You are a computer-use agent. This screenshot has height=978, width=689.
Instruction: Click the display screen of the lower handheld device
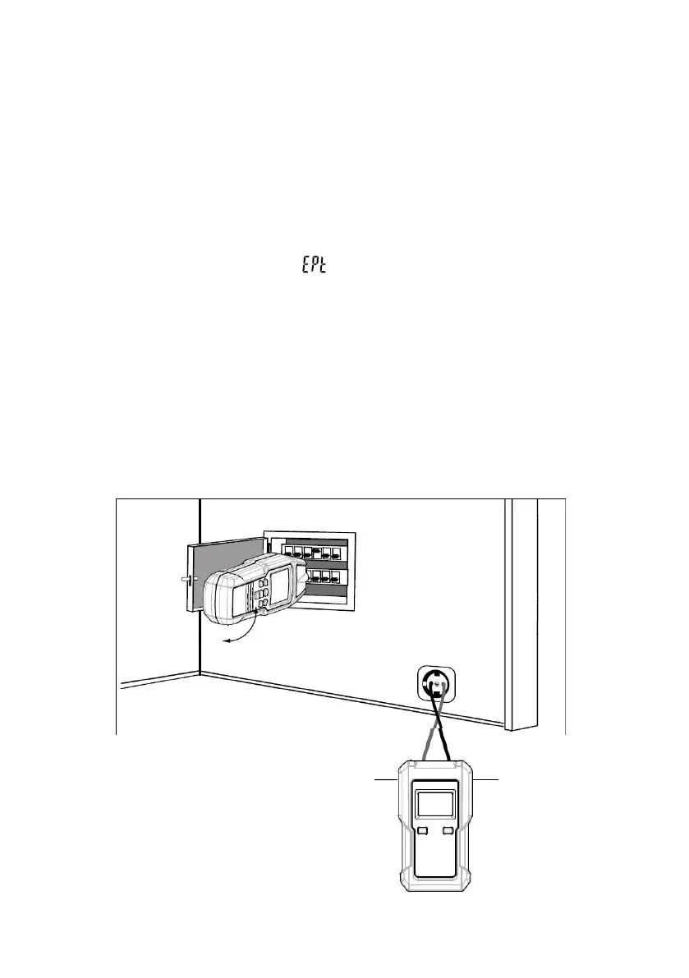435,804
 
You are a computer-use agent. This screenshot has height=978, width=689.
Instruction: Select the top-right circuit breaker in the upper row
334,553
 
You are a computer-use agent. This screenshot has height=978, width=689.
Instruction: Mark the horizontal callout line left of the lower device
387,778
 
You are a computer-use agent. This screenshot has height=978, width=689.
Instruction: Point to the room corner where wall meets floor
200,673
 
